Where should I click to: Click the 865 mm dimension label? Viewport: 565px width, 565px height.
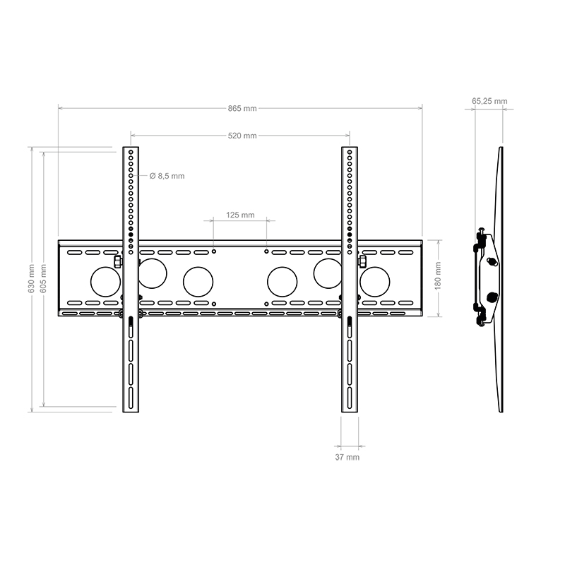pos(242,109)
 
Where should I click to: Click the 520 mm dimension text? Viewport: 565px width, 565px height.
pos(242,136)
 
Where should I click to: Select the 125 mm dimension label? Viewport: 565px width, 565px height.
pos(240,215)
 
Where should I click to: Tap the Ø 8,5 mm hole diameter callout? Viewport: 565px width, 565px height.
pos(167,176)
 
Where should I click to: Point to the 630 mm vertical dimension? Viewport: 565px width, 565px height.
pos(31,278)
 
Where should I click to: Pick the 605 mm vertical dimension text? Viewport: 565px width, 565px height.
pos(43,278)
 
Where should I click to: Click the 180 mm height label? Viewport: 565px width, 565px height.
pos(438,278)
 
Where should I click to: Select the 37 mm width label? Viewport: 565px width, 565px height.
pos(347,458)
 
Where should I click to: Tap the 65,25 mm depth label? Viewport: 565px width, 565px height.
pos(489,101)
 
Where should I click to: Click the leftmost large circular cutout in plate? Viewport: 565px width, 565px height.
pos(105,281)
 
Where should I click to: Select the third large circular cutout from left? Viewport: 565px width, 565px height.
pos(198,281)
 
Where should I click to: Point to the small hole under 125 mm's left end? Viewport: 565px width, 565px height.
pos(214,250)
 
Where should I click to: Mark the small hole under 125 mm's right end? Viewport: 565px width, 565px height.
pos(266,250)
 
